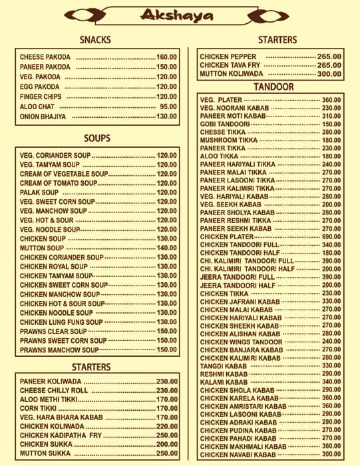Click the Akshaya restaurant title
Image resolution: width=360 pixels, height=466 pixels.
pos(179,15)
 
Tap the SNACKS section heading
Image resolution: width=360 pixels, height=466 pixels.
pos(95,40)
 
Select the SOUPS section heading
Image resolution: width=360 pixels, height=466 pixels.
pos(97,138)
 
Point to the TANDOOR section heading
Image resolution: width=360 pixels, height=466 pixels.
pos(273,87)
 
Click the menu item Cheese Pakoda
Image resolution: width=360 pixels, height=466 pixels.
pos(45,57)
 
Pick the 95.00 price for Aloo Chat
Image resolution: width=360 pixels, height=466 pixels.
pos(168,107)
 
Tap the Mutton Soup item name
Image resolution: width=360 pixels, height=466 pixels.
pos(42,248)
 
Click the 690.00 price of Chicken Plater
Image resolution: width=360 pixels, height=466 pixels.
pos(331,237)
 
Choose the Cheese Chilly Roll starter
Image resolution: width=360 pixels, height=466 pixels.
pos(54,391)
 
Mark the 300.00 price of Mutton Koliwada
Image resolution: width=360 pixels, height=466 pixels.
pos(329,74)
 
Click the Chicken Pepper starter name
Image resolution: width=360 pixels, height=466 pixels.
pos(228,57)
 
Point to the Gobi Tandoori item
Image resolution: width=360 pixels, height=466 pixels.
pos(224,124)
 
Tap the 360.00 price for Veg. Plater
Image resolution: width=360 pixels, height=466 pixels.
pos(331,100)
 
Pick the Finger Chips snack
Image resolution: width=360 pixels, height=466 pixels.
pos(41,97)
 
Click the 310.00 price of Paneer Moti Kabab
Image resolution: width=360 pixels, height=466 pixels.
pos(331,116)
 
